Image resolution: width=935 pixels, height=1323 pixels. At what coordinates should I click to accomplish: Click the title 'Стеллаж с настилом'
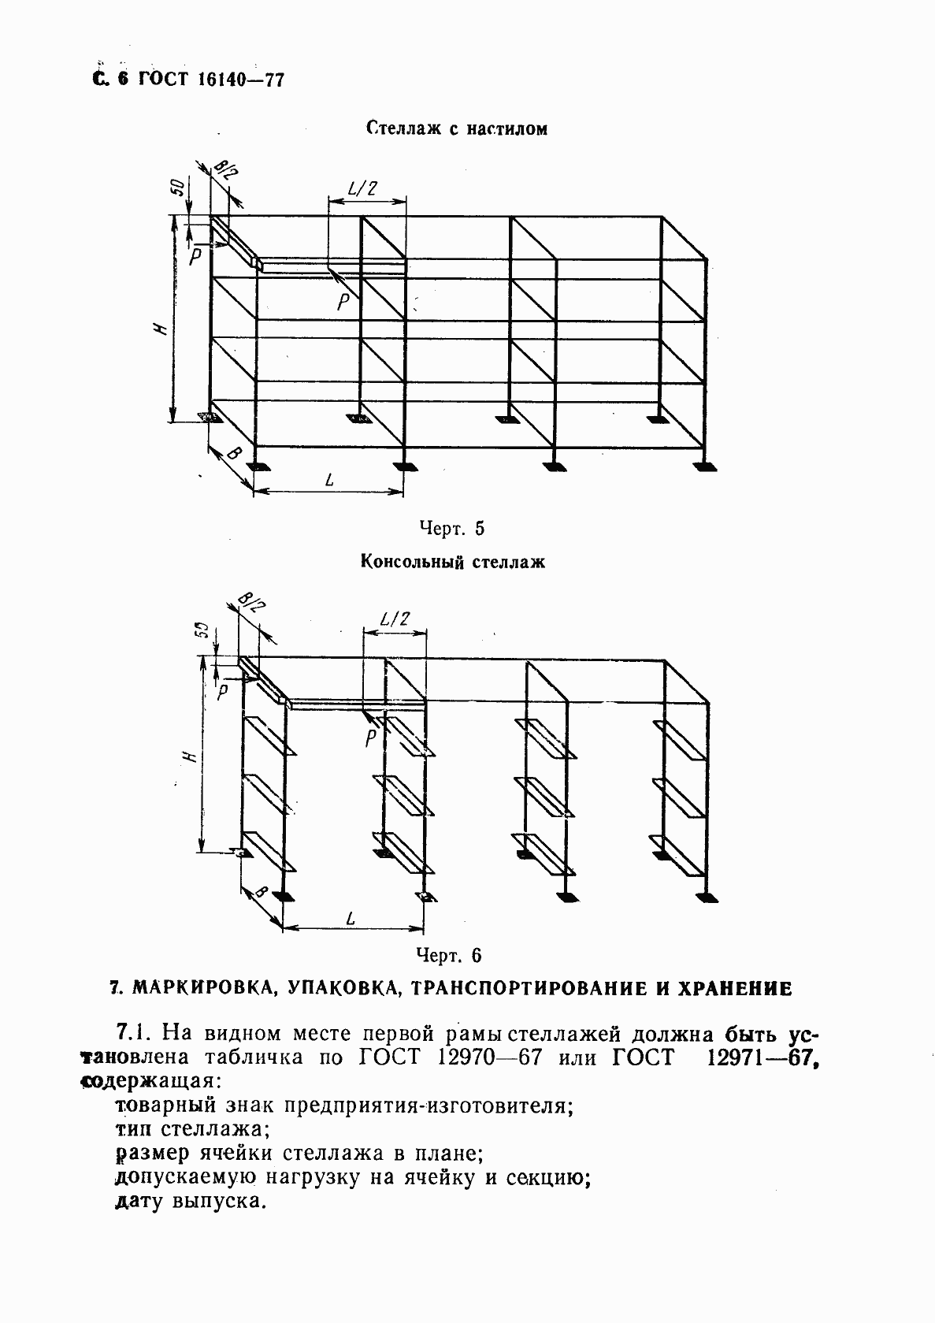click(x=456, y=128)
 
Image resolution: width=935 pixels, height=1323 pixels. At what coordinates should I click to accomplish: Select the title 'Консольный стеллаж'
click(x=453, y=562)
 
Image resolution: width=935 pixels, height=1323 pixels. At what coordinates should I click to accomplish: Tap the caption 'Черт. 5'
click(x=451, y=528)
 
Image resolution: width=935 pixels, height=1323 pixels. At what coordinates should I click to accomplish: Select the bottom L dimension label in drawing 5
click(x=327, y=479)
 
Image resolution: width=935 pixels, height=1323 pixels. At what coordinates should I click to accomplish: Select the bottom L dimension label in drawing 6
click(x=350, y=918)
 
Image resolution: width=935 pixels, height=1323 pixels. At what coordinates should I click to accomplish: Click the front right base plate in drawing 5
click(x=706, y=467)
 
